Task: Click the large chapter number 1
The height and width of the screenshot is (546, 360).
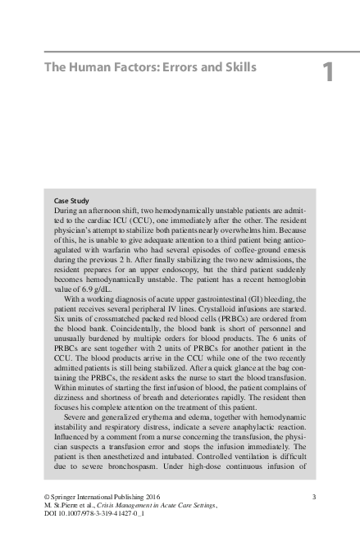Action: [327, 73]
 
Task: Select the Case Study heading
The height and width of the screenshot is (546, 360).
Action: [72, 201]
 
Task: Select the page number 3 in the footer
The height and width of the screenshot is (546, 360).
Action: [316, 496]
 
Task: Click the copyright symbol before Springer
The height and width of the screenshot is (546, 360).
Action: [46, 496]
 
